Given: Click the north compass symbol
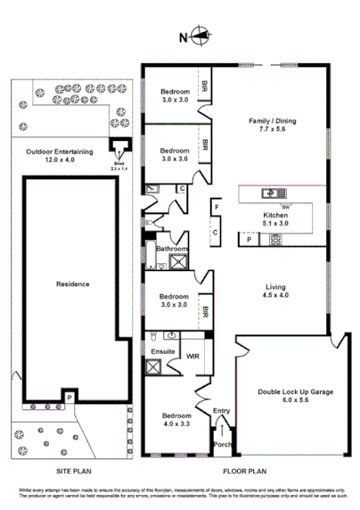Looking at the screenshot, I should (200, 37).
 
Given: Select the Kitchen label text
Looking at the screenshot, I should (274, 216).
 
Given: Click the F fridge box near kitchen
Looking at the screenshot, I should (216, 209).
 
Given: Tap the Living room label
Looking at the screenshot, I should (275, 287).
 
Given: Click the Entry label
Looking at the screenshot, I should (221, 411).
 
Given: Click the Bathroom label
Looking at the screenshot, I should (170, 249).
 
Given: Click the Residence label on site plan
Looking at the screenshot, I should (73, 284).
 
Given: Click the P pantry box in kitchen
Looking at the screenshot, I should (248, 239).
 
